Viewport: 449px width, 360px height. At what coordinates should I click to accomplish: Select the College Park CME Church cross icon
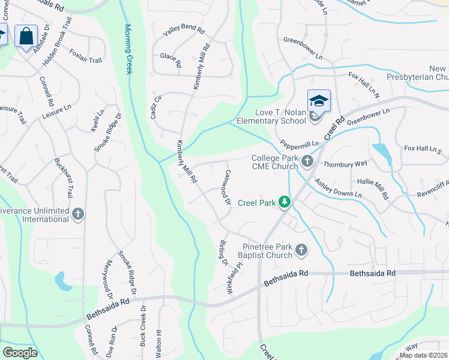(x=307, y=160)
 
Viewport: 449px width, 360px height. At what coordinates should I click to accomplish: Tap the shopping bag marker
(x=26, y=36)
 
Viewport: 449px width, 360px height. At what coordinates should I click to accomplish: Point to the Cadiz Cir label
(x=156, y=107)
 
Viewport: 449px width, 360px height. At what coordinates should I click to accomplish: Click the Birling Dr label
(x=223, y=253)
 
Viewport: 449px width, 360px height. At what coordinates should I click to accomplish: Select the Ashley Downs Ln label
(x=339, y=188)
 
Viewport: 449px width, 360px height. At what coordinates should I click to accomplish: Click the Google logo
(x=20, y=352)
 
